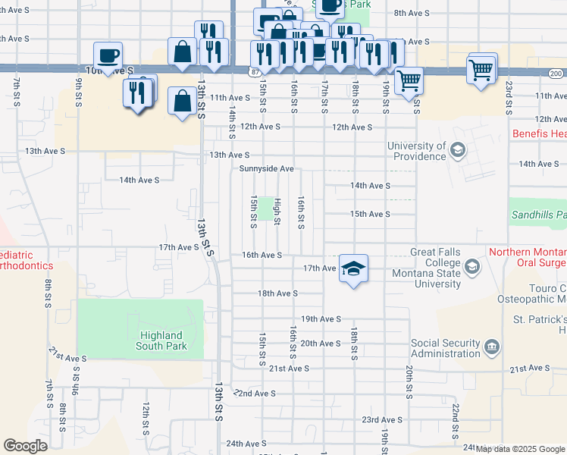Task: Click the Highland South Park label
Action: point(161,340)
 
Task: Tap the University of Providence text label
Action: point(416,151)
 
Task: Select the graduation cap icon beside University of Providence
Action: point(458,150)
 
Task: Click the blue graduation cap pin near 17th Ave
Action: point(353,269)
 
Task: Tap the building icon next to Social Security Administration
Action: point(493,348)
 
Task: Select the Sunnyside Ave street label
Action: point(266,168)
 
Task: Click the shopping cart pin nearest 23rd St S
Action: point(482,70)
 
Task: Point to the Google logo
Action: point(26,445)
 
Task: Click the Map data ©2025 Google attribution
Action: point(520,449)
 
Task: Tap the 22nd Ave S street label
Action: point(255,394)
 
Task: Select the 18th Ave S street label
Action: point(278,293)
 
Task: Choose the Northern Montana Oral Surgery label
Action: point(528,259)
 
